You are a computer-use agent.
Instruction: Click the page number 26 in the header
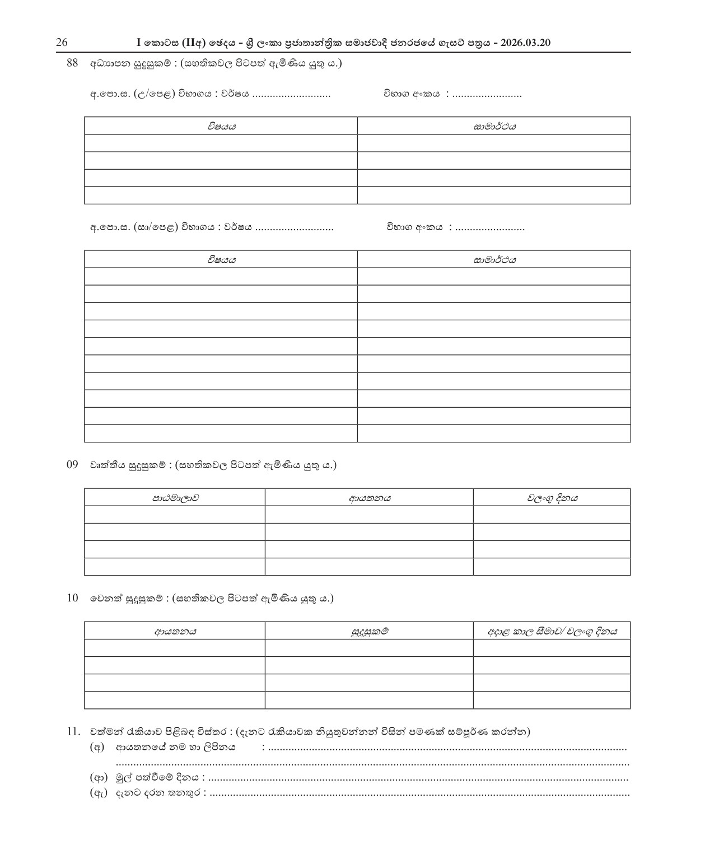pyautogui.click(x=62, y=43)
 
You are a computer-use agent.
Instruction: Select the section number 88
pyautogui.click(x=72, y=63)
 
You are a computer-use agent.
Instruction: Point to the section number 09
pyautogui.click(x=72, y=465)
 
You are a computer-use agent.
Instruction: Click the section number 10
pyautogui.click(x=72, y=598)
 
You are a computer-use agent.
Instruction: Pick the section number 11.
pyautogui.click(x=73, y=731)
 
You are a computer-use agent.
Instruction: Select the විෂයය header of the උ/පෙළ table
pyautogui.click(x=221, y=127)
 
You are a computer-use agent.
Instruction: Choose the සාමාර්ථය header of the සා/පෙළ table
pyautogui.click(x=494, y=260)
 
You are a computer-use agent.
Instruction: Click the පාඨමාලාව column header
pyautogui.click(x=175, y=498)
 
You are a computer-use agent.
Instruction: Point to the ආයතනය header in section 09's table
pyautogui.click(x=369, y=498)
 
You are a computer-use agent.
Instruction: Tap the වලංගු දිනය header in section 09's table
pyautogui.click(x=552, y=498)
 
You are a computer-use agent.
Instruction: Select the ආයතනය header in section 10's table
pyautogui.click(x=175, y=632)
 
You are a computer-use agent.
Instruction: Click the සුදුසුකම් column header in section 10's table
pyautogui.click(x=369, y=632)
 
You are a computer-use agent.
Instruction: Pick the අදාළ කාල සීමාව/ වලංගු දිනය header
pyautogui.click(x=552, y=632)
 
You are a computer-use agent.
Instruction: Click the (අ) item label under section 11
pyautogui.click(x=98, y=747)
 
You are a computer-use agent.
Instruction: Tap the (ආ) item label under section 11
pyautogui.click(x=99, y=778)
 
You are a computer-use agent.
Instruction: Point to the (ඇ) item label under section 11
pyautogui.click(x=99, y=793)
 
